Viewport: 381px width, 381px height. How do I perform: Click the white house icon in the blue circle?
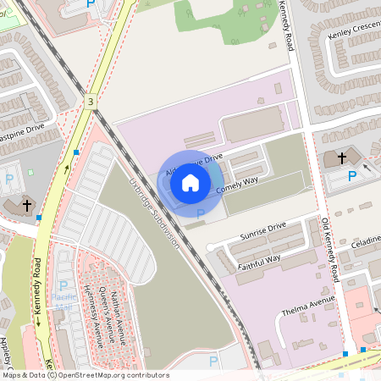pyautogui.click(x=190, y=181)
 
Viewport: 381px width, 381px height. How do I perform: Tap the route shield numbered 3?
pyautogui.click(x=90, y=102)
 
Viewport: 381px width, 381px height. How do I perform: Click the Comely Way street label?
pyautogui.click(x=239, y=186)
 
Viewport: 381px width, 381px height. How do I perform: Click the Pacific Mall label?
pyautogui.click(x=63, y=298)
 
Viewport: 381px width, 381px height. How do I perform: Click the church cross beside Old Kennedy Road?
pyautogui.click(x=342, y=157)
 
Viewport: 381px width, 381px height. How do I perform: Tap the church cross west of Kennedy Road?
pyautogui.click(x=26, y=205)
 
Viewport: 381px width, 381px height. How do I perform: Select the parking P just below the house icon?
pyautogui.click(x=201, y=214)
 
